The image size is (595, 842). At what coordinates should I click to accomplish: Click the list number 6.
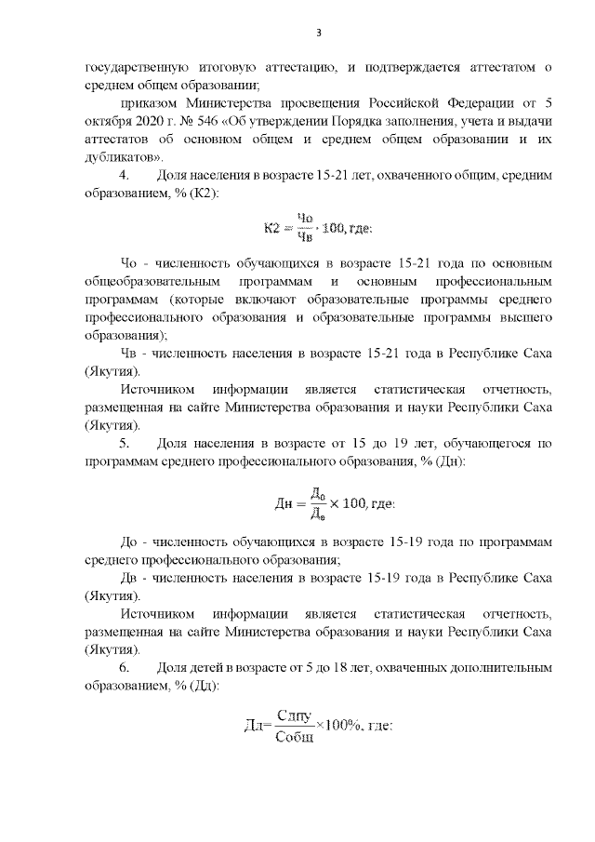click(126, 667)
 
